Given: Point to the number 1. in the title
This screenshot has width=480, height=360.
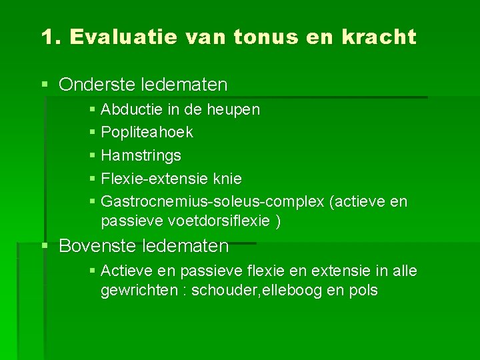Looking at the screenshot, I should click(51, 37).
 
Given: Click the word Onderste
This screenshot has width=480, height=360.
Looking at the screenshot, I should click(96, 85).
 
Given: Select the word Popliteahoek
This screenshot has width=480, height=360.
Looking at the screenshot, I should click(147, 133).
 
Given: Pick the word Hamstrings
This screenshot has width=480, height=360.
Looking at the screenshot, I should click(141, 156).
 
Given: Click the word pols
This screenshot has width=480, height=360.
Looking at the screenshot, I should click(364, 291).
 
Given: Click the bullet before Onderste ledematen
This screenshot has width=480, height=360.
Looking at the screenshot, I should click(45, 85).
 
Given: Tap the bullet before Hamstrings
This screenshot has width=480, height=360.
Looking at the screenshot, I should click(92, 156).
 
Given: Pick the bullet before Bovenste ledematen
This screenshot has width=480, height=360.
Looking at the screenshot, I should click(45, 247).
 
